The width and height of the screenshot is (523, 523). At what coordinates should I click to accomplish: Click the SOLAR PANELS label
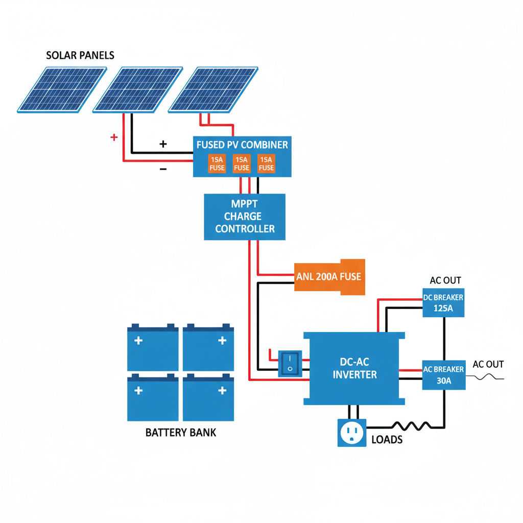click(x=80, y=55)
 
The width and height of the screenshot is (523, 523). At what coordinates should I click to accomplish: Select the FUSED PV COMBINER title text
click(x=242, y=145)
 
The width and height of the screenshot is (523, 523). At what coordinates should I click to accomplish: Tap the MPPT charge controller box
click(x=245, y=217)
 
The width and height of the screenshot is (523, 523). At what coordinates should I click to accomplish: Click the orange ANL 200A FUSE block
click(x=330, y=276)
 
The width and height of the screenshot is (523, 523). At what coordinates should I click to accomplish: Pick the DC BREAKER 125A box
click(x=443, y=303)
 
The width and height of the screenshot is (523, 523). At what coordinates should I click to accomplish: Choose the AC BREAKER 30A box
click(x=443, y=375)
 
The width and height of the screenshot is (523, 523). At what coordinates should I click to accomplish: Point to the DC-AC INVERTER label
click(x=354, y=368)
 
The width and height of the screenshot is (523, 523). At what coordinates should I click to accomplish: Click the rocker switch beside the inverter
click(x=290, y=363)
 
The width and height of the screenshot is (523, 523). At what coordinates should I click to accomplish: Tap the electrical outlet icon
click(x=351, y=433)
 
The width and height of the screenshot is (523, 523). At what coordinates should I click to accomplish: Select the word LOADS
click(x=387, y=440)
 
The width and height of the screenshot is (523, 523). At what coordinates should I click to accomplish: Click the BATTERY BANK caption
click(x=181, y=433)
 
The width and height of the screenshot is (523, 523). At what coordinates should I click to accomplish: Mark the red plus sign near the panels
click(x=114, y=137)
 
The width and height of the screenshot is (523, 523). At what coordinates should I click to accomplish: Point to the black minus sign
click(x=163, y=169)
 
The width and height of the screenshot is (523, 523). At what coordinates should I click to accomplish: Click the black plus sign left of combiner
click(x=163, y=144)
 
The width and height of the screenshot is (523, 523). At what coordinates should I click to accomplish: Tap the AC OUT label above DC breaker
click(x=445, y=280)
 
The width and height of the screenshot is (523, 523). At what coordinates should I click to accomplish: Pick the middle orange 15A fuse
click(x=242, y=163)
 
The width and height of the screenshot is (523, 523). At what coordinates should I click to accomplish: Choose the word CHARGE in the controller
click(x=245, y=217)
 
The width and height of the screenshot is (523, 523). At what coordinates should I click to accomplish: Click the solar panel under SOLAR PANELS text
click(x=62, y=89)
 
